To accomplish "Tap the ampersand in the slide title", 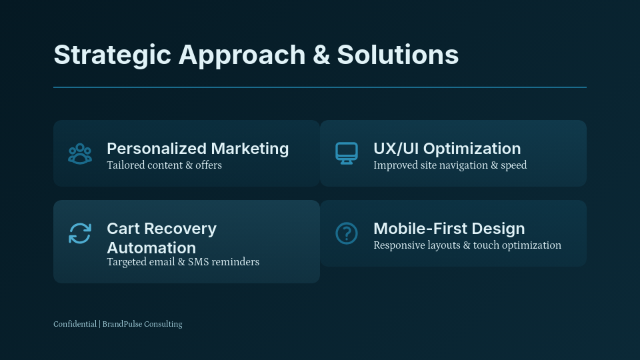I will pos(321,55).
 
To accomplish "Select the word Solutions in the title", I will pos(397,55).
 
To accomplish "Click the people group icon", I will pos(80,153).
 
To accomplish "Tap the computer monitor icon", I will pos(347,153).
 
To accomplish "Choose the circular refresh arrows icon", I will pos(80,233).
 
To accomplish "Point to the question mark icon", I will pos(347,233).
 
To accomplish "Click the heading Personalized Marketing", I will pos(197,149).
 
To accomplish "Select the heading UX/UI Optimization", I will pos(447,149).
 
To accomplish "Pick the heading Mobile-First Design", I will pos(449,229).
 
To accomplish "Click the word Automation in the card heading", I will pos(151,248).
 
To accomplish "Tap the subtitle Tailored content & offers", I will pos(164,165).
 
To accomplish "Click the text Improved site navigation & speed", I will pos(449,165).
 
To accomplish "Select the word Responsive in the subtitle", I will pos(399,245).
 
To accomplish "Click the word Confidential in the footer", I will pos(75,324).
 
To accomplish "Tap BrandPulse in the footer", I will pos(122,324).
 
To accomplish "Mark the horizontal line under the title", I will pos(320,87).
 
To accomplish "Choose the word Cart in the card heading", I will pos(123,229).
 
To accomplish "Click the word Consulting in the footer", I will pos(163,324).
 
